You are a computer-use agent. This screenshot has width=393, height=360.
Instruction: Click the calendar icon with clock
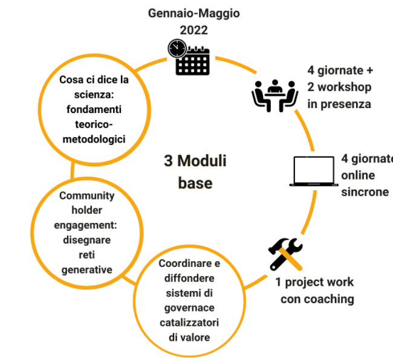click(189, 57)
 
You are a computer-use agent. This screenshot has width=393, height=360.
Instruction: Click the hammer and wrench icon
click(284, 254)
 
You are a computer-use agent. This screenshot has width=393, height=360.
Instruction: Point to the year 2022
click(192, 29)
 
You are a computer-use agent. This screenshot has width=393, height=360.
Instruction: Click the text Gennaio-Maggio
click(191, 13)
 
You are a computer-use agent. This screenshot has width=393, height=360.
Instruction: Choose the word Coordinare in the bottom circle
click(185, 264)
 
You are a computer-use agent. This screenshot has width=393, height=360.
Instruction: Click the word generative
click(87, 269)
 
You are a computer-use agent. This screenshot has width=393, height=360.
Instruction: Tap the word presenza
click(347, 103)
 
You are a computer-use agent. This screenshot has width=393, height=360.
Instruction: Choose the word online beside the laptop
click(359, 175)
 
